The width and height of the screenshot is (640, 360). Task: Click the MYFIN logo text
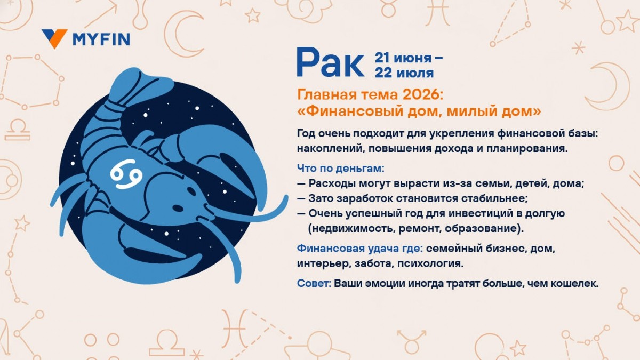[x=101, y=39]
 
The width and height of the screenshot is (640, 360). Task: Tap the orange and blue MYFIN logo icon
[x=54, y=38]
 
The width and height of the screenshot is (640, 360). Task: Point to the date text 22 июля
[x=404, y=73]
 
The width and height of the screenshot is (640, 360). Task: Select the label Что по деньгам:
[x=340, y=169]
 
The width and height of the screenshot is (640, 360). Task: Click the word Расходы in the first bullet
[x=331, y=184]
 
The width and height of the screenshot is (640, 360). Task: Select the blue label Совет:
[x=315, y=283]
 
